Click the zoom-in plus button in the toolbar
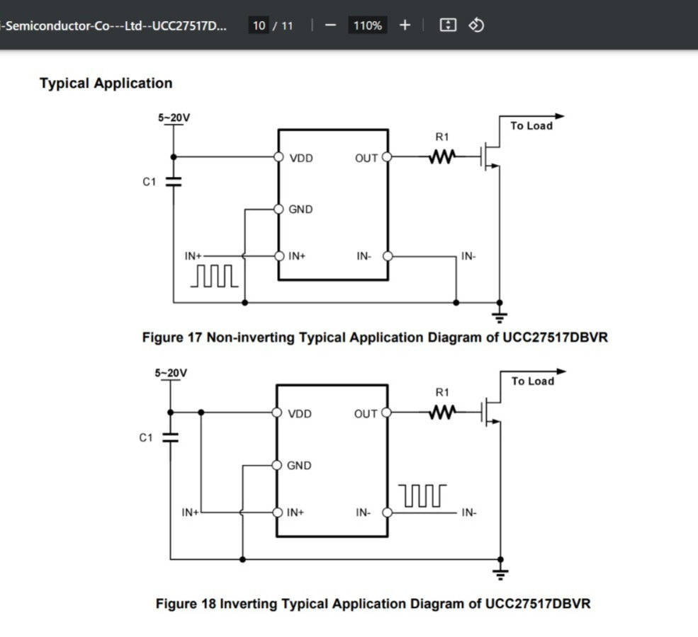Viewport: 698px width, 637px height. coord(405,25)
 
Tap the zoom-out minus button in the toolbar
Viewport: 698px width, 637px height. coord(330,25)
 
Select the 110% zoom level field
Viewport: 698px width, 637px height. coord(368,25)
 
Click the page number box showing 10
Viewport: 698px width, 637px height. coord(259,25)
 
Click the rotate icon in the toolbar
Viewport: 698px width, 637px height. coord(477,25)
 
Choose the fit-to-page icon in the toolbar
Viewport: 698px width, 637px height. coord(448,25)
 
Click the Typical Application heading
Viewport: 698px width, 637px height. coord(106,84)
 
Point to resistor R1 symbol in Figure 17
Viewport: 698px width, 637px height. coord(441,156)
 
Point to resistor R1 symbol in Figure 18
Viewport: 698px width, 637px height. coord(441,412)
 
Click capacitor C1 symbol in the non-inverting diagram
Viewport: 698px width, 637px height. coord(174,182)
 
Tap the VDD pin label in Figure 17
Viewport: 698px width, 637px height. coord(300,158)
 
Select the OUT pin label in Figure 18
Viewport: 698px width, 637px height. coord(366,414)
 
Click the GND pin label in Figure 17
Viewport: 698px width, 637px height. coord(300,210)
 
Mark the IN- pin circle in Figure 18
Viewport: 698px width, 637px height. coord(387,512)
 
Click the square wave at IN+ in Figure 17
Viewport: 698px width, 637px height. coord(215,277)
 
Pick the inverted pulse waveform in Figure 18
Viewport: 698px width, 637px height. coord(422,495)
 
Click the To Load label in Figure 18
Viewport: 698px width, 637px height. coord(533,381)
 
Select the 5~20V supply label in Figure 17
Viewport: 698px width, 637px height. coord(174,117)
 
